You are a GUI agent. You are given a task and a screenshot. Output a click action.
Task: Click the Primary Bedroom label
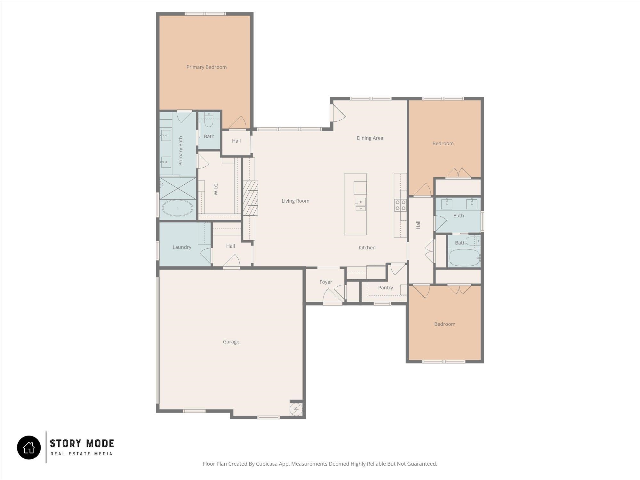[206, 67]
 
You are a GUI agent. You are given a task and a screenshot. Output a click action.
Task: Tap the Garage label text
[231, 342]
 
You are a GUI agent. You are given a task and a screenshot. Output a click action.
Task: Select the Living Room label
[295, 201]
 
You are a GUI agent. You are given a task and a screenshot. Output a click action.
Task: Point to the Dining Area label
[370, 138]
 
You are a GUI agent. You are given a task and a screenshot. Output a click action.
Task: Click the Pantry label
[386, 288]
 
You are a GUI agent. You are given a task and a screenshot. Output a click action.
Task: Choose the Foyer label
[326, 282]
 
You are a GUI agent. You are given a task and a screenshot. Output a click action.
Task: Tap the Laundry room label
[182, 247]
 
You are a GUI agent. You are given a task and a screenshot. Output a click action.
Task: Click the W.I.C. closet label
[216, 189]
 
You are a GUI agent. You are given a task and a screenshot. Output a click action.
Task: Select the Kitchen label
[367, 248]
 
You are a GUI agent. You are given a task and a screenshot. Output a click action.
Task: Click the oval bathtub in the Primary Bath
[178, 208]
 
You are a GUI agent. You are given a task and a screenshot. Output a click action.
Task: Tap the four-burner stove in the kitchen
[401, 205]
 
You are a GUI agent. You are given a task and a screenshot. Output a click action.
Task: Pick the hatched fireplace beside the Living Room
[251, 198]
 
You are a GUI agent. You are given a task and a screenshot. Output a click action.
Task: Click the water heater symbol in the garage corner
[296, 409]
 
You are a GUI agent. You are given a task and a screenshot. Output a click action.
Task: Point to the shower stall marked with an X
[178, 188]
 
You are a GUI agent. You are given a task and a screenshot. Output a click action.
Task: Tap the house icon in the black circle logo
[29, 447]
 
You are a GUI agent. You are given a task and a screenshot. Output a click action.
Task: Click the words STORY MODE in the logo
[82, 444]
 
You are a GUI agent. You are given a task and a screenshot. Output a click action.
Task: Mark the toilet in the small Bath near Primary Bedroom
[209, 120]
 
